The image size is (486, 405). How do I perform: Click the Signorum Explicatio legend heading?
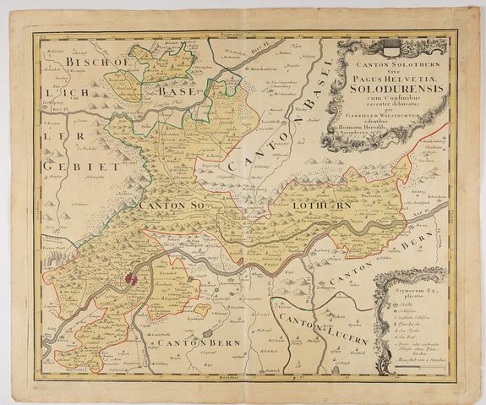coord(411,291)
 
